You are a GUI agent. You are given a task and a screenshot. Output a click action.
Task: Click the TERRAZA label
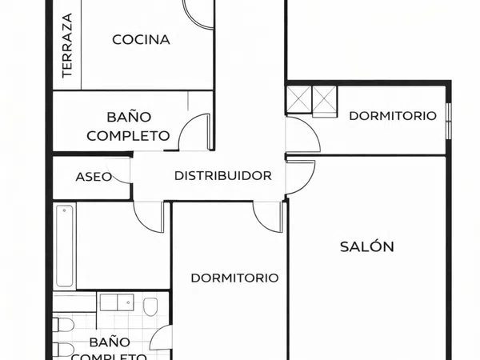pyautogui.click(x=67, y=46)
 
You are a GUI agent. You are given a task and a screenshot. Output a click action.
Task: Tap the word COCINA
pyautogui.click(x=141, y=40)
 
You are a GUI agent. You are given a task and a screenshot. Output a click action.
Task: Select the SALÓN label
pyautogui.click(x=367, y=246)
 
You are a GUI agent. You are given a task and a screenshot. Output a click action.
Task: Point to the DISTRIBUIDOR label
pyautogui.click(x=223, y=176)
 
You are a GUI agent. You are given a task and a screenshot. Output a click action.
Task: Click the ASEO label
pyautogui.click(x=94, y=177)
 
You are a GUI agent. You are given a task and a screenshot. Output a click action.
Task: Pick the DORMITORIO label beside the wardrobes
pyautogui.click(x=393, y=116)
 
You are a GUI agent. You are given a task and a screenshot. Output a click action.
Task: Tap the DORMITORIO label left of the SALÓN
pyautogui.click(x=234, y=278)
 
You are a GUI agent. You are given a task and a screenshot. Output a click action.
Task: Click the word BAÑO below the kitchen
pyautogui.click(x=129, y=117)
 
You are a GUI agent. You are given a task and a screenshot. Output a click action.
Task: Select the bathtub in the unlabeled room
pyautogui.click(x=65, y=246)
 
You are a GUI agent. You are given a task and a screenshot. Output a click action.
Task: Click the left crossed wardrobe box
pyautogui.click(x=298, y=99)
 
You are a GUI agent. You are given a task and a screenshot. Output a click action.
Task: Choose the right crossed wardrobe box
pyautogui.click(x=325, y=99)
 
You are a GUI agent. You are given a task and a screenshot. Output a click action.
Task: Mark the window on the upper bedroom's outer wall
pyautogui.click(x=449, y=122)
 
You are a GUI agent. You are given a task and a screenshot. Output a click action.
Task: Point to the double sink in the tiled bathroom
pyautogui.click(x=117, y=302)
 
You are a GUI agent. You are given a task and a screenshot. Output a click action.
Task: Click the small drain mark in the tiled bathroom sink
pyautogui.click(x=129, y=302)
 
